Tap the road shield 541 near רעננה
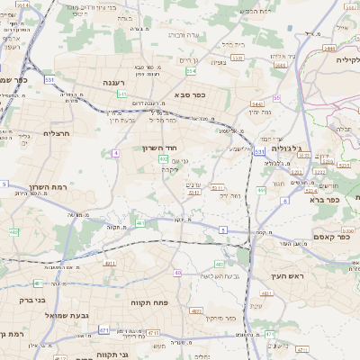pos(121,94)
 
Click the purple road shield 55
pos(277,97)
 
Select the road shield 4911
pos(111,264)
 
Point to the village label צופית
pos(218,63)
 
